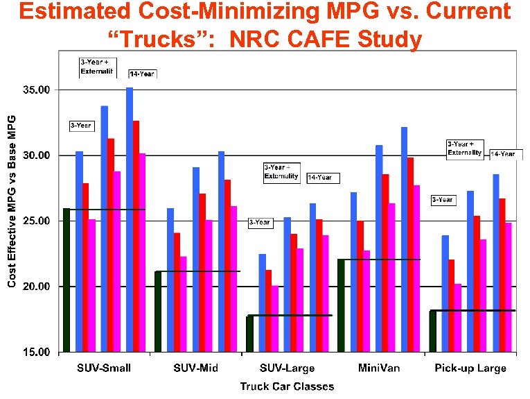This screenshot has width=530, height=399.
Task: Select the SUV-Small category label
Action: pyautogui.click(x=103, y=368)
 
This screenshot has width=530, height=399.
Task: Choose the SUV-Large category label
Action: pyautogui.click(x=287, y=368)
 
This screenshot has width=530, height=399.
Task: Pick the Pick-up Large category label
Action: pyautogui.click(x=471, y=368)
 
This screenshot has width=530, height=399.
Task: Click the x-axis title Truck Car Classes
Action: pyautogui.click(x=287, y=386)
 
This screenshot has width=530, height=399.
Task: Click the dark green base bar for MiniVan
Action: pyautogui.click(x=341, y=305)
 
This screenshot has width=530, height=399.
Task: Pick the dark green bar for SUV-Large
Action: pyautogui.click(x=249, y=334)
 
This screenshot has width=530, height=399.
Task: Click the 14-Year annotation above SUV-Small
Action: pyautogui.click(x=142, y=74)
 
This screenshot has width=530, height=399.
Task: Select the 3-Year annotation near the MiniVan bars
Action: pyautogui.click(x=443, y=200)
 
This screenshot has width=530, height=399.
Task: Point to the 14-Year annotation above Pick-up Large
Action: pyautogui.click(x=504, y=154)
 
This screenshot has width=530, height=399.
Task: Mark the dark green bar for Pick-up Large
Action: pyautogui.click(x=432, y=331)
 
